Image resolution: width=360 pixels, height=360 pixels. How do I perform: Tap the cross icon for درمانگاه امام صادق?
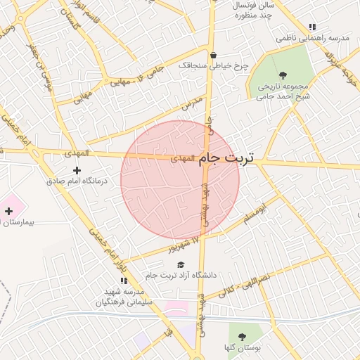[x=77, y=170]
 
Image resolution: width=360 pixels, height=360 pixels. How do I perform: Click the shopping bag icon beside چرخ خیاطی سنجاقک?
[x=213, y=55]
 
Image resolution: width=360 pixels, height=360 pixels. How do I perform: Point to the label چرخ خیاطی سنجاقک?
[x=213, y=65]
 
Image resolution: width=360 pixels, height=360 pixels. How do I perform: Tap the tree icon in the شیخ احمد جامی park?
[x=283, y=75]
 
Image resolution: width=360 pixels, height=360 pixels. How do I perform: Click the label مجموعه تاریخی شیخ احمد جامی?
[x=283, y=91]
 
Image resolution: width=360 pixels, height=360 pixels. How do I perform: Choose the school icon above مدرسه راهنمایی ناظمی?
[x=312, y=27]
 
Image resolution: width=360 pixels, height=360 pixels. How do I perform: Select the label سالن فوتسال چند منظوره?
[x=243, y=9]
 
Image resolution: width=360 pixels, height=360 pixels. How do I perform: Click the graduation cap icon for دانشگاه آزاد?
[x=181, y=264]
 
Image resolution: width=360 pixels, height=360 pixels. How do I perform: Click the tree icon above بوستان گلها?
[x=243, y=337]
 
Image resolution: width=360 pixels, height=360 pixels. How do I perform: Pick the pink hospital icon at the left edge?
[x=9, y=211]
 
